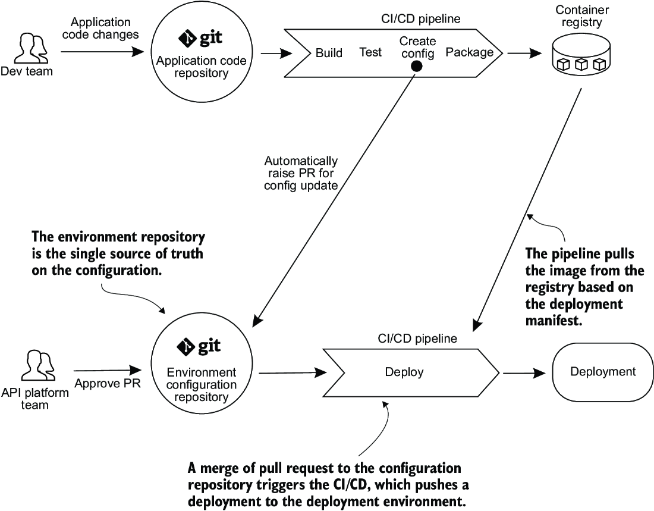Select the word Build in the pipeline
(329, 53)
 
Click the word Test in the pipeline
(370, 52)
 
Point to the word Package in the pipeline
(470, 52)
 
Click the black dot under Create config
(416, 66)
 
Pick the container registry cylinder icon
(581, 54)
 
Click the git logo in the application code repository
(200, 38)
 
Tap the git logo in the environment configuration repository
(199, 346)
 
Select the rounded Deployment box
(603, 372)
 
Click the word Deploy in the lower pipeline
(404, 372)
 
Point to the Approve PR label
(108, 383)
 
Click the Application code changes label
(100, 28)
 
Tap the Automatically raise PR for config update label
(301, 173)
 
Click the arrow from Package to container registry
(524, 54)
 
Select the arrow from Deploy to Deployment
(524, 373)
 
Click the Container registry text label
(582, 16)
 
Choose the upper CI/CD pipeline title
(421, 19)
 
